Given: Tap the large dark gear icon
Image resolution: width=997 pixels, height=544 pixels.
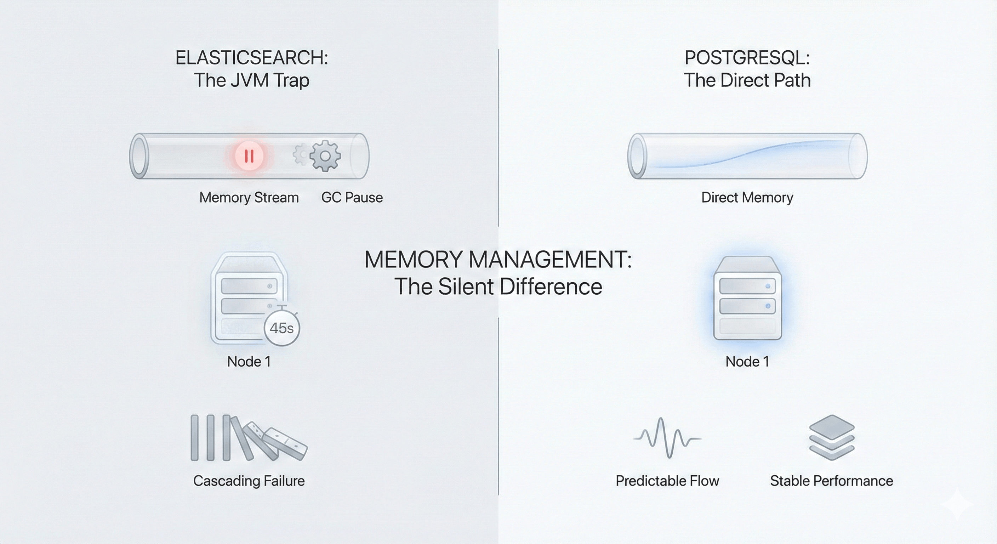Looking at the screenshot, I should click(325, 155).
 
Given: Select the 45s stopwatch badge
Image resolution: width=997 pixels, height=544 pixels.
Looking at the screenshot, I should click(281, 328).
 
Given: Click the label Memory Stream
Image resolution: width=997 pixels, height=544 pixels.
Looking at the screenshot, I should click(249, 198).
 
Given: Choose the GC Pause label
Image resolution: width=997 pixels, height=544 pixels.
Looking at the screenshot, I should click(352, 198).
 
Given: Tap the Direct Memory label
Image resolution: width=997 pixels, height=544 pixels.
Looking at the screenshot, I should click(747, 198).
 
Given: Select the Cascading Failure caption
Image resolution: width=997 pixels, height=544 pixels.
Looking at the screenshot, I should click(249, 481).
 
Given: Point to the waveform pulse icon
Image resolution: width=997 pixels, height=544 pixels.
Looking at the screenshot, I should click(667, 438).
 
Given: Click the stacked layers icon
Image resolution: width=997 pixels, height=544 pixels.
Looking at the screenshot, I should click(831, 437).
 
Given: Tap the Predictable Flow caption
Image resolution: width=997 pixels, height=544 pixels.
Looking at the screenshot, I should click(667, 481).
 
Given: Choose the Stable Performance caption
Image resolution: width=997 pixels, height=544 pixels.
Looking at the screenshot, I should click(831, 481).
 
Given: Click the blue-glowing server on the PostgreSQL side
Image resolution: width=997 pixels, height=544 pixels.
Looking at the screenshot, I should click(747, 298).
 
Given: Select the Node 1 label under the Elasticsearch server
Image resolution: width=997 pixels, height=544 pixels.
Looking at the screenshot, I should click(249, 362).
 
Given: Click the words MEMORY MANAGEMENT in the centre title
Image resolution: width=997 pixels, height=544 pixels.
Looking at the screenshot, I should click(498, 259).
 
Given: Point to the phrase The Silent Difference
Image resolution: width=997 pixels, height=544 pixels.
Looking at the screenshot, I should click(498, 287).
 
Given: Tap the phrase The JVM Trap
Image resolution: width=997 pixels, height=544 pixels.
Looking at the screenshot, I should click(252, 80).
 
